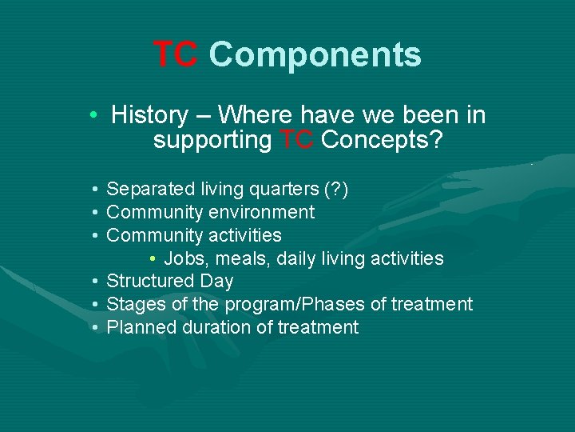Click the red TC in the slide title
[176, 55]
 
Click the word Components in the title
[315, 55]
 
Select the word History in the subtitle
[149, 115]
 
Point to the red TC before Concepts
[296, 140]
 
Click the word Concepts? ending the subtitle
[383, 140]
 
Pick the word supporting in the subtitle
[212, 142]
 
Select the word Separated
[150, 190]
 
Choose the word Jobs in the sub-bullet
[205, 258]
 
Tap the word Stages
[133, 305]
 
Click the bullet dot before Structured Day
[94, 282]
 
